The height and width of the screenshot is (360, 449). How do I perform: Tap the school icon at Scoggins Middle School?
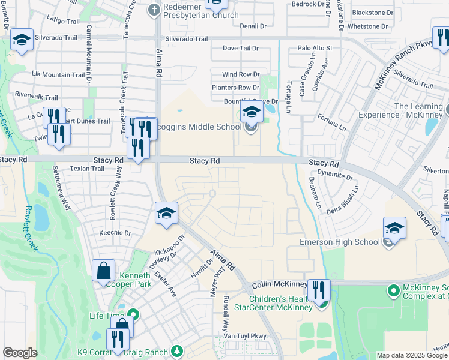[x=252, y=111]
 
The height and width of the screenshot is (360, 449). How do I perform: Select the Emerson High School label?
[x=340, y=242]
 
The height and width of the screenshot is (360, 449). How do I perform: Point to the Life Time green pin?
[x=133, y=315]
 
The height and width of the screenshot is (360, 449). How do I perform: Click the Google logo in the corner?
[x=19, y=353]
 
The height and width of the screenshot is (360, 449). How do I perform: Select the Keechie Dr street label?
[x=115, y=233]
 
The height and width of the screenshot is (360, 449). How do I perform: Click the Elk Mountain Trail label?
[x=58, y=74]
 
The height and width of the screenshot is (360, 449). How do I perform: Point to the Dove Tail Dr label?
[x=240, y=48]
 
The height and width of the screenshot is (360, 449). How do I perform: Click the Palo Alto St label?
[x=315, y=48]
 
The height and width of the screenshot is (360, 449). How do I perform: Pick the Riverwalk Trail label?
[x=36, y=97]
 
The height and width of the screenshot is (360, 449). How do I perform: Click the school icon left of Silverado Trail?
[x=22, y=40]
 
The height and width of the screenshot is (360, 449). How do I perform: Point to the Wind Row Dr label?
[x=240, y=74]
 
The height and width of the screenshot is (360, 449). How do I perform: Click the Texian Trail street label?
[x=87, y=169]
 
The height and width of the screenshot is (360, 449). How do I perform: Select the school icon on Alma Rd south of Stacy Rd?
[x=166, y=213]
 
